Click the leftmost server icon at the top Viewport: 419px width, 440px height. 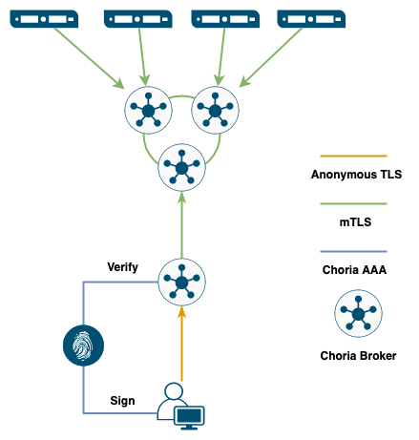pyautogui.click(x=44, y=19)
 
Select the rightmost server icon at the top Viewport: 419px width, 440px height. pyautogui.click(x=311, y=19)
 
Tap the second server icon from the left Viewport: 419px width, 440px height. pyautogui.click(x=138, y=19)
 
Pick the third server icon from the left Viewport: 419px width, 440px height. pyautogui.click(x=225, y=19)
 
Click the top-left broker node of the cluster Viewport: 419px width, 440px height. pyautogui.click(x=148, y=110)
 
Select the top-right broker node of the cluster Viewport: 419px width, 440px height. pyautogui.click(x=215, y=110)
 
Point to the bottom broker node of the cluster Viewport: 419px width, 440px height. pyautogui.click(x=181, y=167)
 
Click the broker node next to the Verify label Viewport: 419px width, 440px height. pyautogui.click(x=181, y=282)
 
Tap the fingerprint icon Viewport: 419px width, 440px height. pyautogui.click(x=83, y=346)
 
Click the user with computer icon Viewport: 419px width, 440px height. pyautogui.click(x=180, y=407)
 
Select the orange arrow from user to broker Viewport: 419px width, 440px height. pyautogui.click(x=181, y=344)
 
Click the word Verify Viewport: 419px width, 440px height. pyautogui.click(x=123, y=267)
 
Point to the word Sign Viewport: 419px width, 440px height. pyautogui.click(x=122, y=401)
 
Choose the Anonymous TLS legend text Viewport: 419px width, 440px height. pyautogui.click(x=356, y=175)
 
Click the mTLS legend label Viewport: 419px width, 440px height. pyautogui.click(x=355, y=221)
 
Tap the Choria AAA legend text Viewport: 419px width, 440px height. pyautogui.click(x=354, y=270)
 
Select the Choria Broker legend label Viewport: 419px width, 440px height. pyautogui.click(x=358, y=356)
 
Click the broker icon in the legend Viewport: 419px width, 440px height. pyautogui.click(x=358, y=313)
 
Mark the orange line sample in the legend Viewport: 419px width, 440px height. pyautogui.click(x=353, y=156)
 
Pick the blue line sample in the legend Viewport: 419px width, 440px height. pyautogui.click(x=353, y=251)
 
